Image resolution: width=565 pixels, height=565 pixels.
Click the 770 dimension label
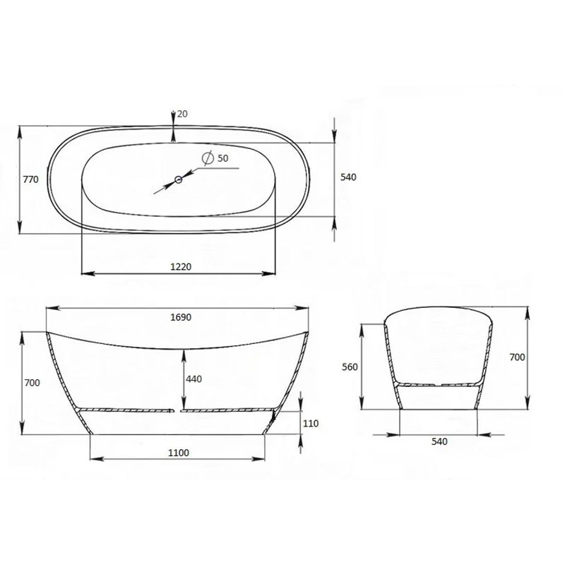coord(30,179)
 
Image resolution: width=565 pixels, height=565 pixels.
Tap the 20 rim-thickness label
coord(182,114)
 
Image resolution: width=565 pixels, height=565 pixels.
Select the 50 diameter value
coord(222,158)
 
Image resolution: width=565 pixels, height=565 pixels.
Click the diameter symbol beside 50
coord(208,158)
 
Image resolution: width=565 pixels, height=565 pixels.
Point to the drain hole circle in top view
coord(179,179)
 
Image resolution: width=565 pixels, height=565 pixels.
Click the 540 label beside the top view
coord(348,177)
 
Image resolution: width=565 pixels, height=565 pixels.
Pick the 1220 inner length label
coord(181,267)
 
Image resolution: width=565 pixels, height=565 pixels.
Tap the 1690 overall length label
coord(181,317)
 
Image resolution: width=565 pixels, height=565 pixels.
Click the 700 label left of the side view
coord(32,383)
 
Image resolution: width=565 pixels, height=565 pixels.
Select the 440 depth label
coord(194,379)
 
